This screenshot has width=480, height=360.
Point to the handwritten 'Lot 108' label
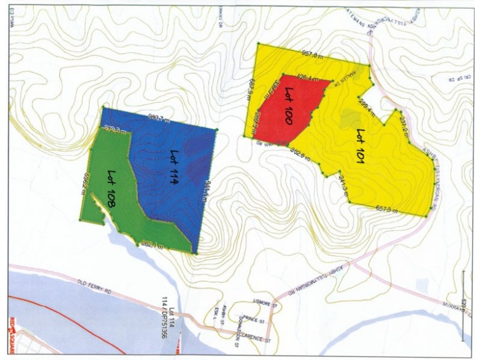point(112,189)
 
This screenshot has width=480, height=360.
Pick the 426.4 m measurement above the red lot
point(308,77)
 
